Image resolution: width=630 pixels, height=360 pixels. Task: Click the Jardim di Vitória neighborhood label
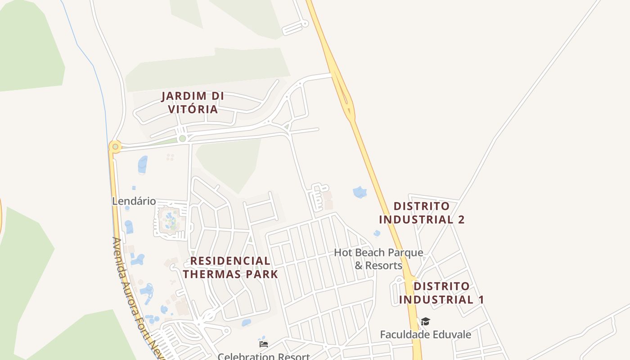[x=193, y=103]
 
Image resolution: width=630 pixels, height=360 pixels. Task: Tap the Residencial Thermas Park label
[x=230, y=267]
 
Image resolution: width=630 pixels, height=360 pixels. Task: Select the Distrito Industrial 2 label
[x=422, y=213]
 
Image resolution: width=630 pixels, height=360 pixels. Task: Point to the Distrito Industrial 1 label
[x=441, y=293]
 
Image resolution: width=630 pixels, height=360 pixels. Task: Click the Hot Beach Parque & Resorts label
[x=378, y=259]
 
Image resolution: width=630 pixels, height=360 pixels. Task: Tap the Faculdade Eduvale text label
[x=425, y=334]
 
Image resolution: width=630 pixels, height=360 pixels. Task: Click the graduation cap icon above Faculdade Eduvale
[x=425, y=321]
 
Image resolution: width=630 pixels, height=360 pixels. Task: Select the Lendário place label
[x=134, y=201]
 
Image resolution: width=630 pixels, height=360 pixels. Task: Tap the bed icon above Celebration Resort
[x=264, y=344]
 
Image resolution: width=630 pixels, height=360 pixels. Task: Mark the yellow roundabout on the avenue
[x=115, y=146]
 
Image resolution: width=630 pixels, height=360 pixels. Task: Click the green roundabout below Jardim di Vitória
[x=182, y=139]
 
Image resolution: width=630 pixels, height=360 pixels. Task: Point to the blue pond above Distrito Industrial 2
[x=360, y=193]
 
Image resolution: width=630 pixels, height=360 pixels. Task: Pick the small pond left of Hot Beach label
[x=377, y=233]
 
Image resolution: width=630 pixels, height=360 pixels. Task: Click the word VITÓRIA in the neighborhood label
[x=193, y=109]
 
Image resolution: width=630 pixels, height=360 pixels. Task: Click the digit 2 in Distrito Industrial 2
[x=460, y=220]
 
